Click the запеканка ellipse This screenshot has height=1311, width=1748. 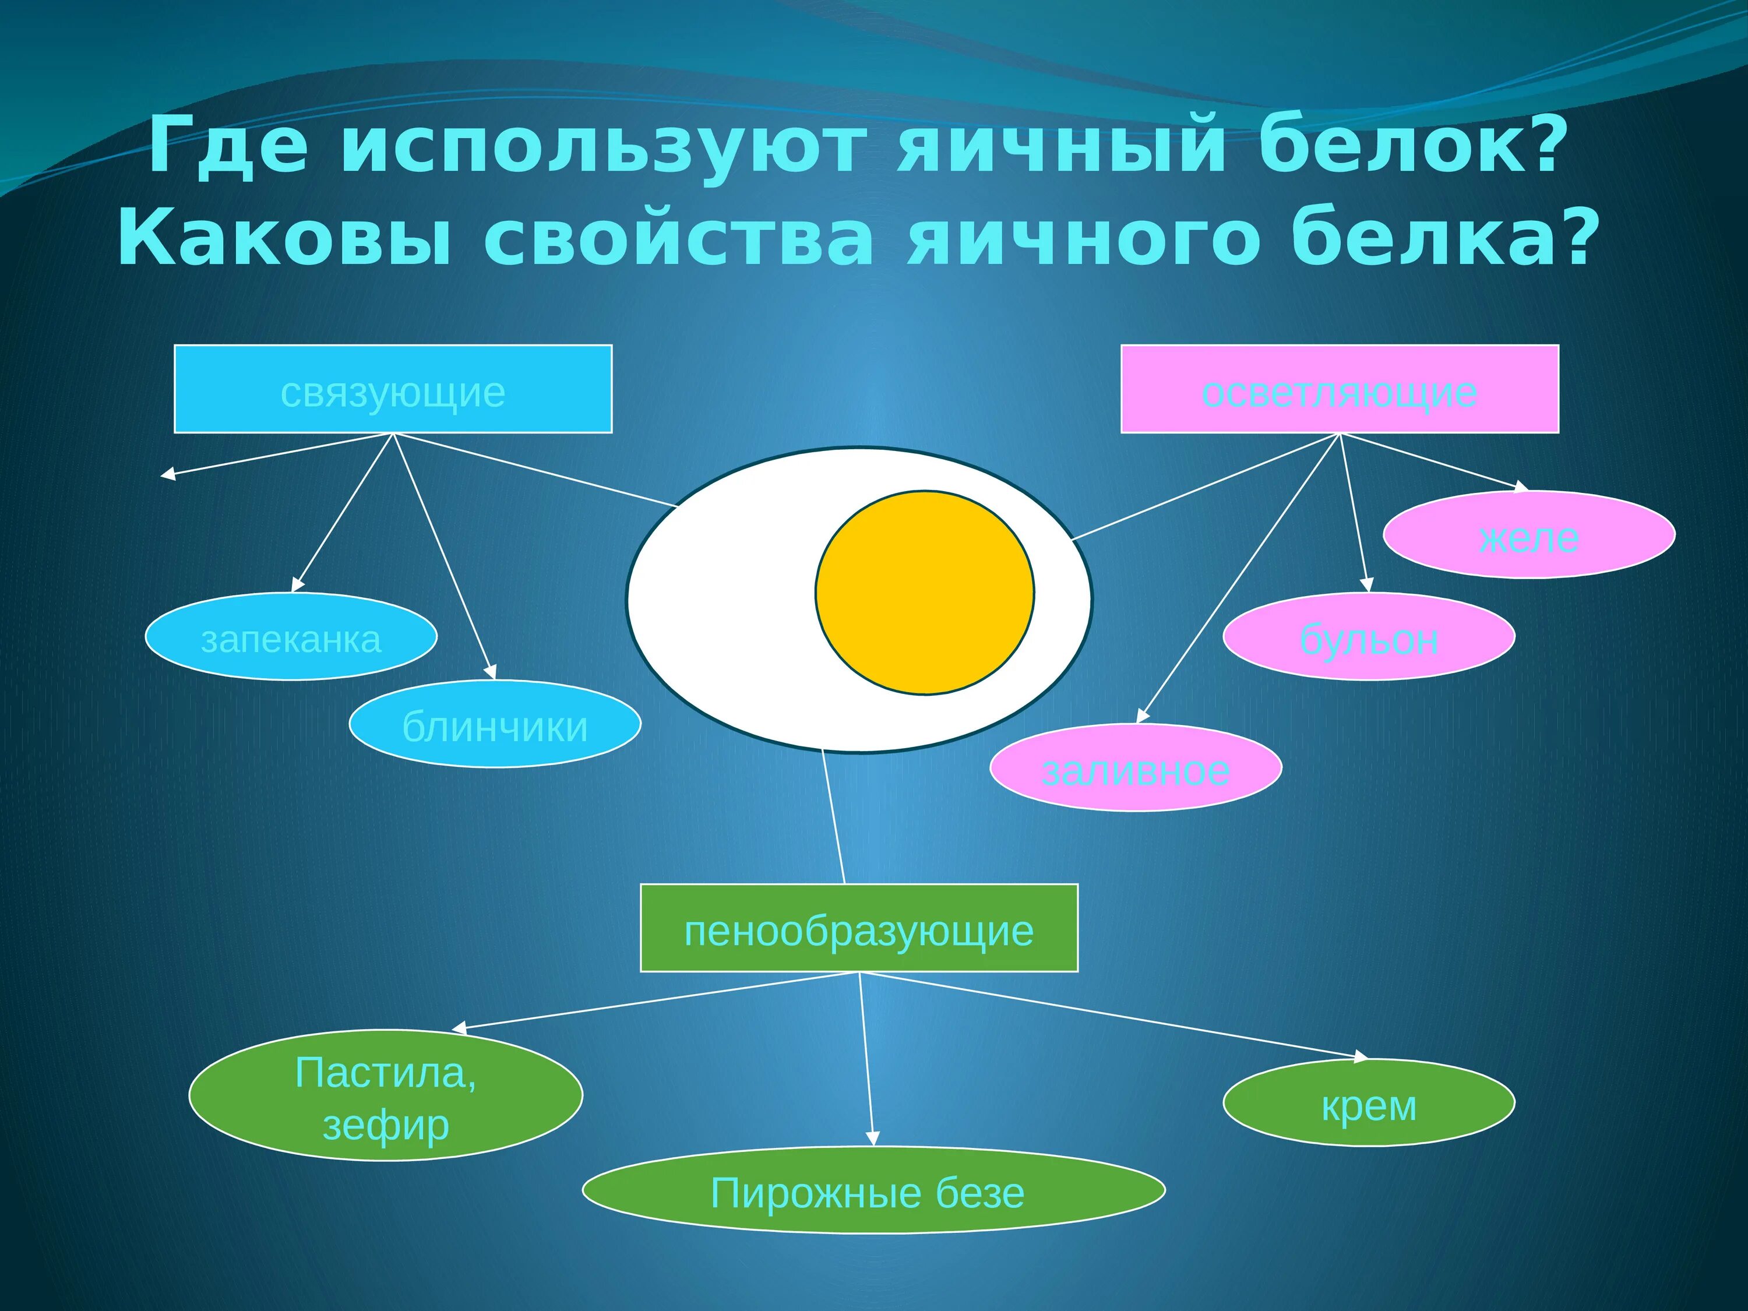pyautogui.click(x=291, y=636)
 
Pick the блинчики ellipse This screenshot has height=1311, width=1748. pyautogui.click(x=495, y=724)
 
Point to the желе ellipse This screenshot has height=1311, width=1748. pyautogui.click(x=1529, y=535)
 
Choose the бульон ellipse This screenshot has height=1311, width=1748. pyautogui.click(x=1369, y=636)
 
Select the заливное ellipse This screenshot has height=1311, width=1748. pyautogui.click(x=1136, y=767)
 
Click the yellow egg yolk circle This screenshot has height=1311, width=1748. pyautogui.click(x=925, y=593)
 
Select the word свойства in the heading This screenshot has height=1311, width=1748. pyautogui.click(x=679, y=239)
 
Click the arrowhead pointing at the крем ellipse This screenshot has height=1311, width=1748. pyautogui.click(x=1361, y=1056)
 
